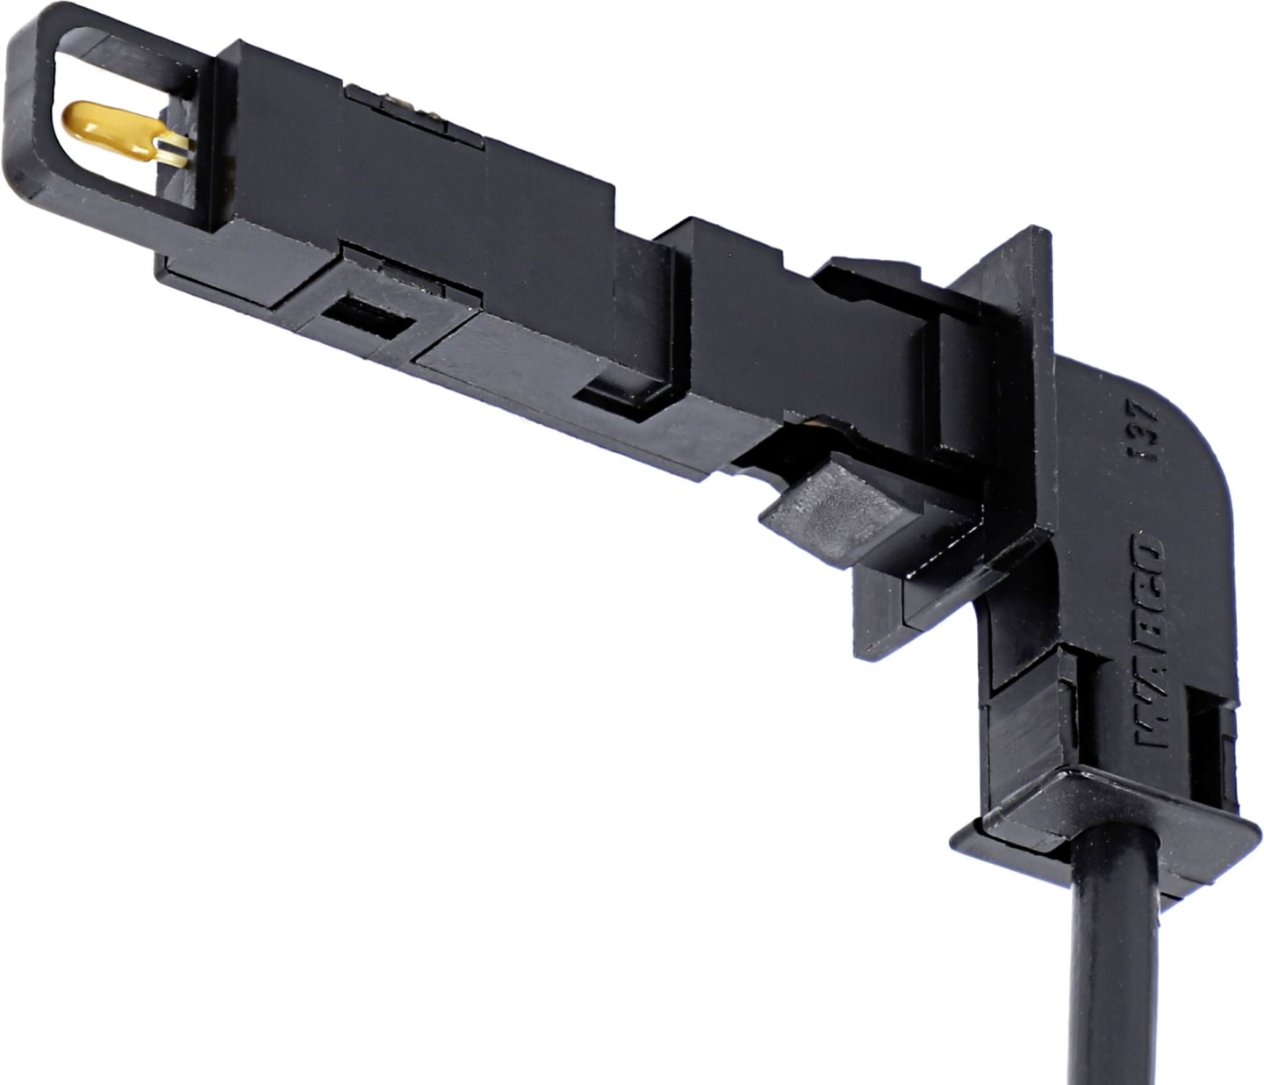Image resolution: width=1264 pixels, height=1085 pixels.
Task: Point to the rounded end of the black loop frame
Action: pos(27,128)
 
